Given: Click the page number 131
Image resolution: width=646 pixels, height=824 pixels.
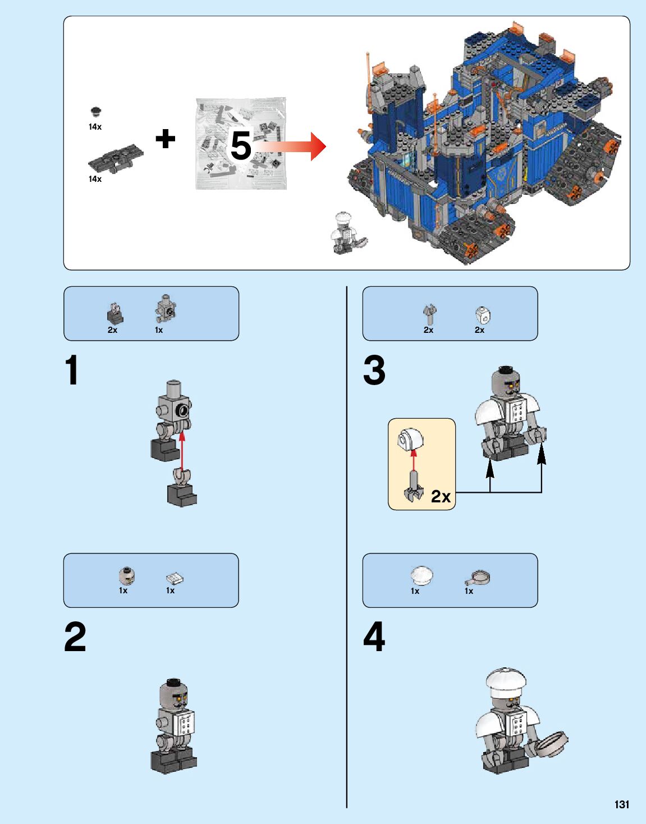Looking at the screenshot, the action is pos(621,804).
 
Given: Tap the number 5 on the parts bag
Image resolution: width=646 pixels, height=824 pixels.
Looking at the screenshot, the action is pos(241,146).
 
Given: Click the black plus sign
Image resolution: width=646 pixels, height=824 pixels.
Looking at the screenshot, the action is pos(165,139).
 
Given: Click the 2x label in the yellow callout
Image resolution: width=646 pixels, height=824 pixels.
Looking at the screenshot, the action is pos(441,496).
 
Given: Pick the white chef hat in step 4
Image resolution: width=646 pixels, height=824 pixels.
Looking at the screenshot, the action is pos(506,683).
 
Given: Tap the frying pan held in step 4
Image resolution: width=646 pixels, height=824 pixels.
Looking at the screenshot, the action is pos(551,744).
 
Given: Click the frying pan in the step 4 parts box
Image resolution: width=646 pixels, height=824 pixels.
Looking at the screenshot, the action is pos(478,578).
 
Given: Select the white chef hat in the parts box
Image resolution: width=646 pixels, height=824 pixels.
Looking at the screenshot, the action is pos(421,576).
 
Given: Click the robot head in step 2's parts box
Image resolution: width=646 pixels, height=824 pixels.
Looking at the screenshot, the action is pos(127,576).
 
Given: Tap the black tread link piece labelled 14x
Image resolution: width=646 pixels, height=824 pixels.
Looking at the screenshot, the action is pos(115,160).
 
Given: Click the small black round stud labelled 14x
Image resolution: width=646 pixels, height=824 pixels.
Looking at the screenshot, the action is pos(96,111).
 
